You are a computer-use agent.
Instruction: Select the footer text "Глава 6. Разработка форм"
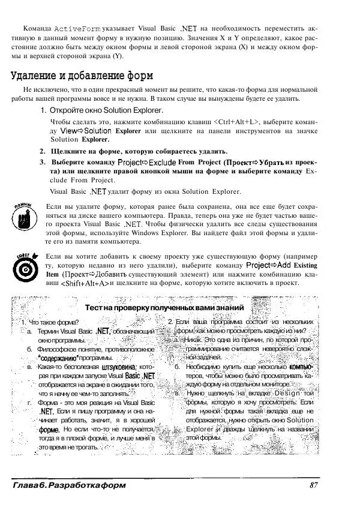click(68, 485)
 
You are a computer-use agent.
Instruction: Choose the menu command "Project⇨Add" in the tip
click(269, 265)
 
